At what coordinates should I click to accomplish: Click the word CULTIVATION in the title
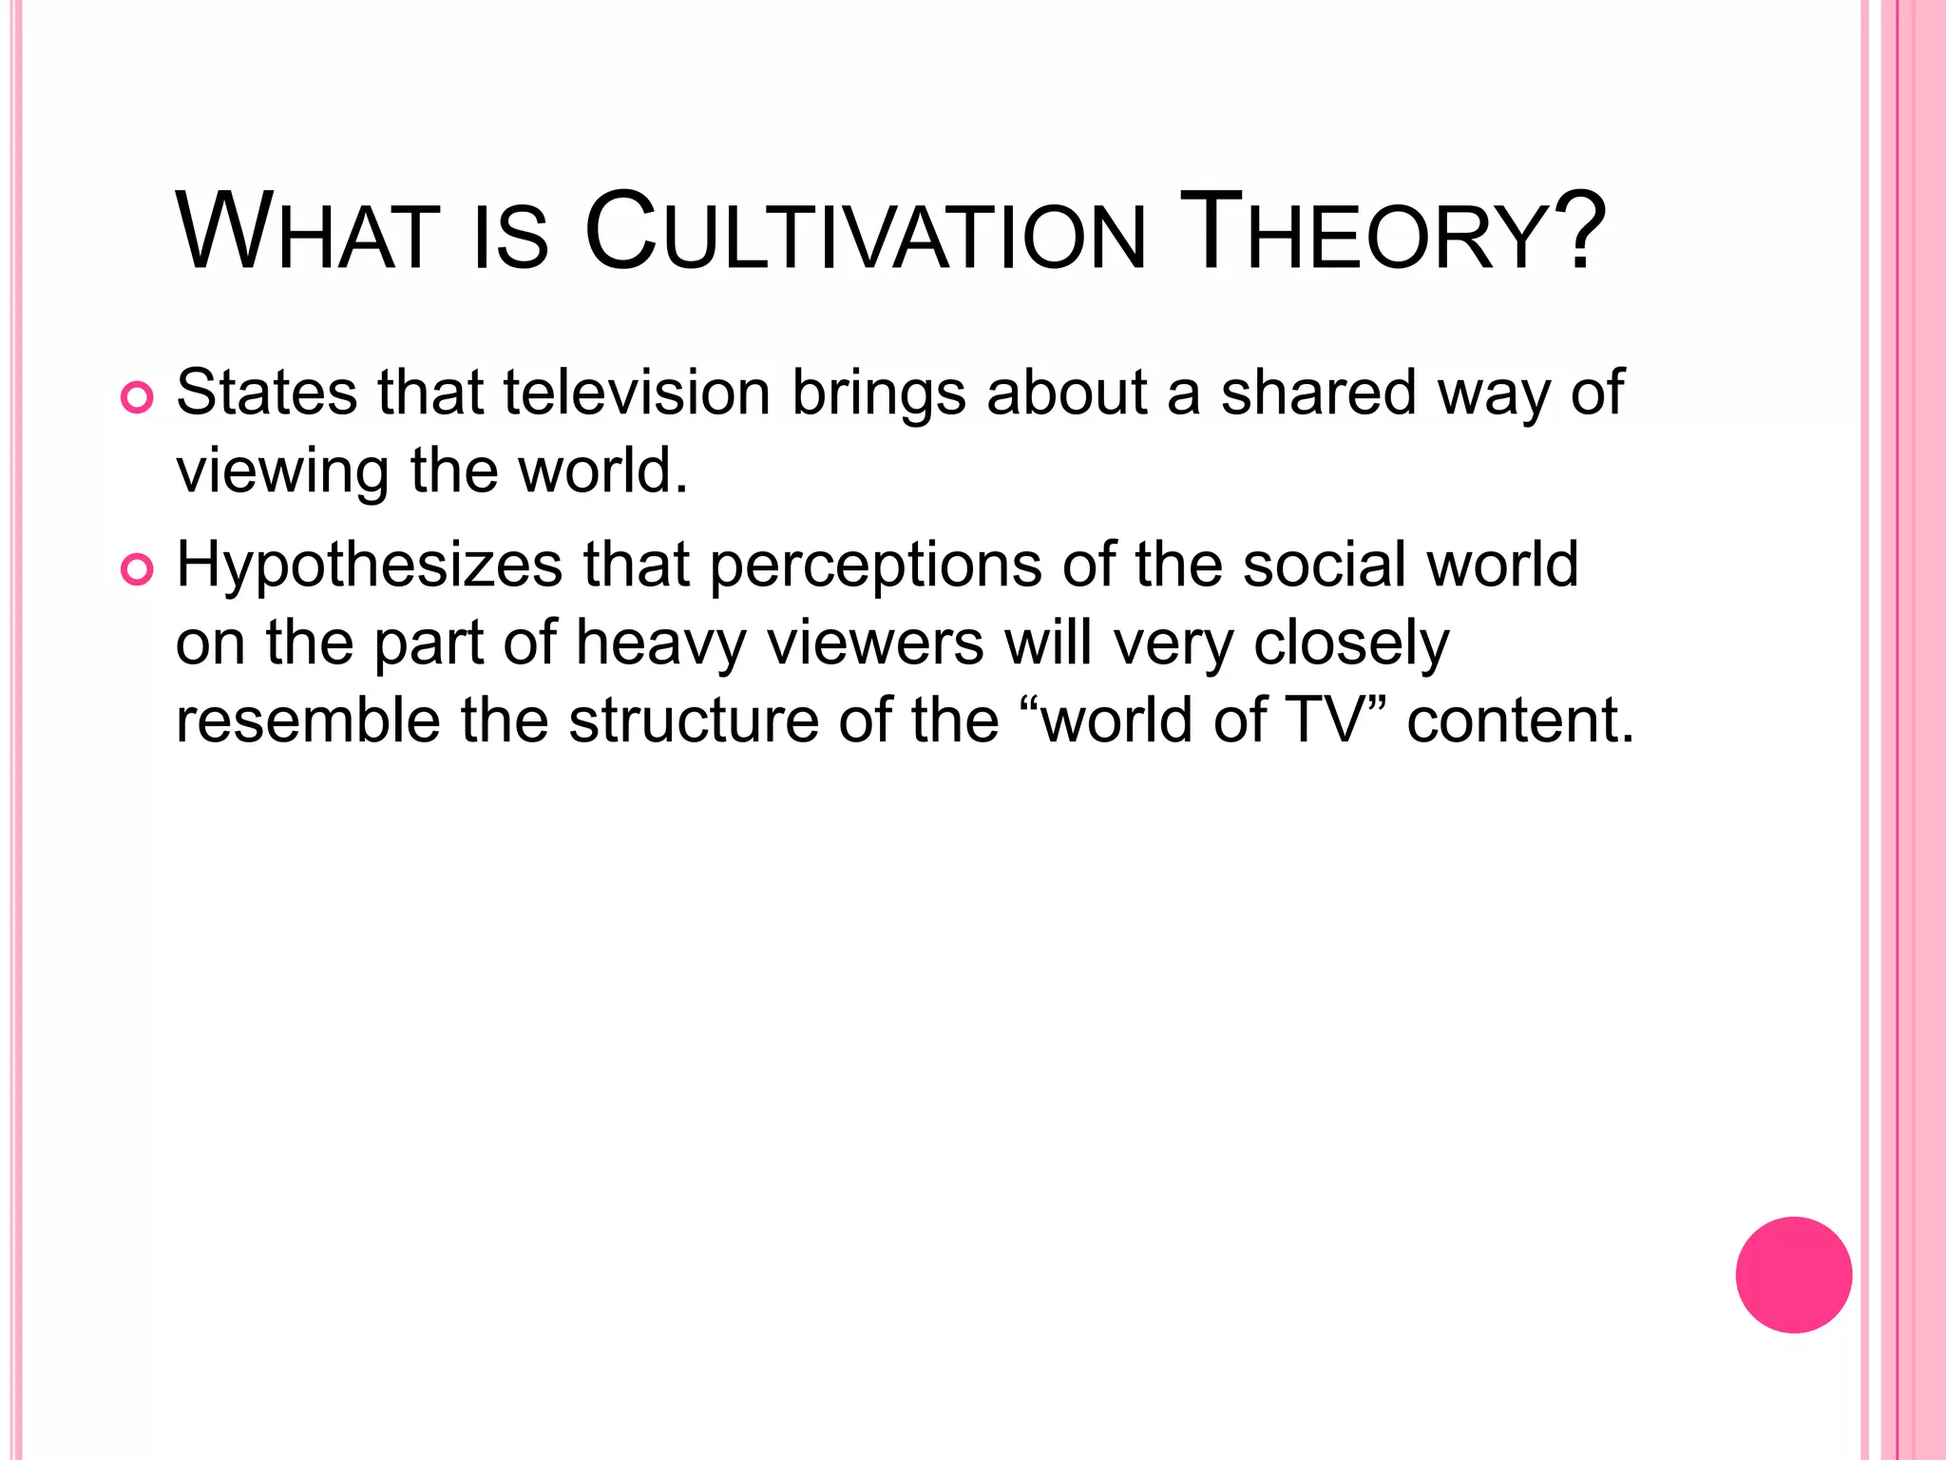pos(865,234)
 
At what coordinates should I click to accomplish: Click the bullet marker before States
pos(137,398)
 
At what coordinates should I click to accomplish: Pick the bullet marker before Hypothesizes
pos(137,570)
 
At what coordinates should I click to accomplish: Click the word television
pos(636,393)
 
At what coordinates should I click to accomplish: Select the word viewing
pos(282,471)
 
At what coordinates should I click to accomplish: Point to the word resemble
pos(308,720)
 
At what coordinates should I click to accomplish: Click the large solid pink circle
pos(1793,1275)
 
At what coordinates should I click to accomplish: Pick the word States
pos(267,393)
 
